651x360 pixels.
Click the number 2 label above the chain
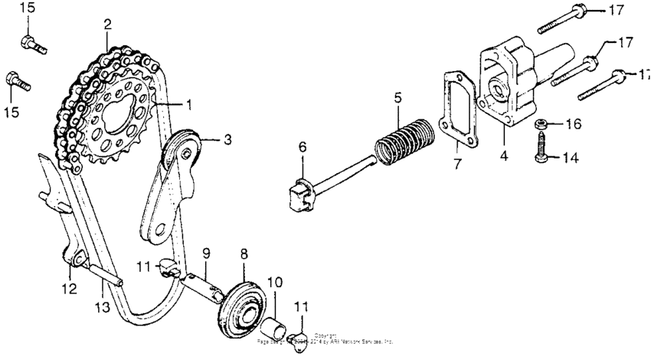pos(107,25)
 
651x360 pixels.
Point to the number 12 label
pos(70,289)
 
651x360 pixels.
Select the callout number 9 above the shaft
pos(205,252)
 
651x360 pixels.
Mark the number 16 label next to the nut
pos(574,123)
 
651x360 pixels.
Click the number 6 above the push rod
pos(302,146)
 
